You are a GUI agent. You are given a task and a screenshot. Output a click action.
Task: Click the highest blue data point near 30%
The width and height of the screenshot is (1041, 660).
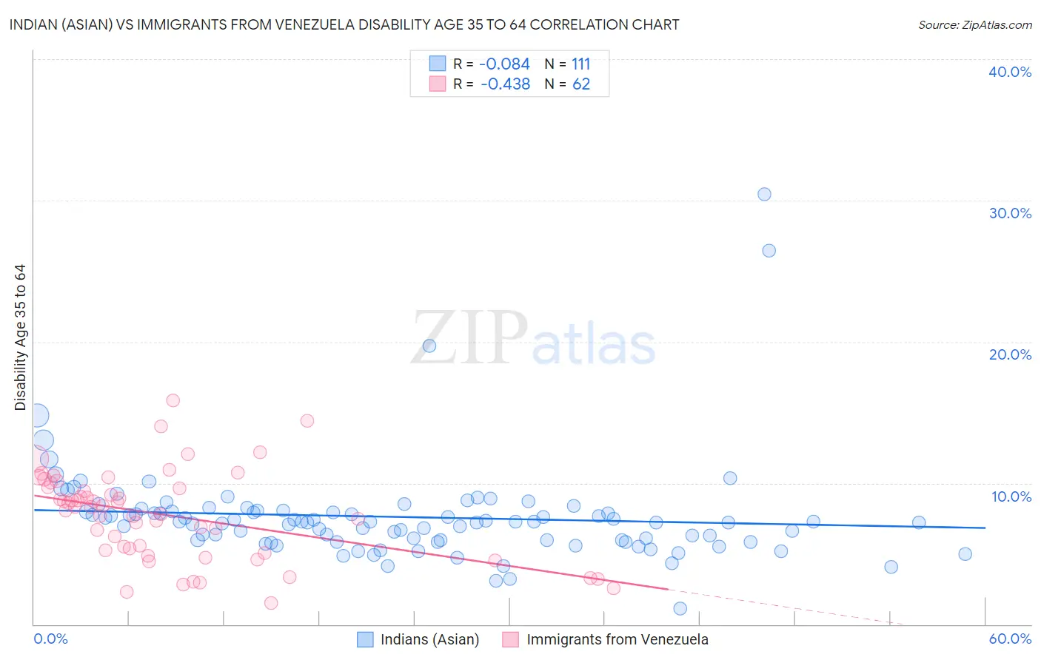764,194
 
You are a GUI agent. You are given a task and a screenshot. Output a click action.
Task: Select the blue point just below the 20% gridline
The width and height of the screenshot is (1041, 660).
429,346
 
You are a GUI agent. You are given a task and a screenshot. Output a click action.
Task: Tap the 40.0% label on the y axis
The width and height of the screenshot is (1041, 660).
1010,72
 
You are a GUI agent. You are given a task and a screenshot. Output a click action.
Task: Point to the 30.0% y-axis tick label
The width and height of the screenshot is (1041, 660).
1010,213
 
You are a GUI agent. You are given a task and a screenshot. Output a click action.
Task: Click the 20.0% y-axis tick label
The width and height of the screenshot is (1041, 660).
1010,354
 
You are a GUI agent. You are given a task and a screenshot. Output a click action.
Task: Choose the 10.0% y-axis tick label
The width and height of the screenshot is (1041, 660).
1011,496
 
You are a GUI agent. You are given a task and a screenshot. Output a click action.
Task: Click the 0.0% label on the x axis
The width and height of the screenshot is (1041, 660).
50,639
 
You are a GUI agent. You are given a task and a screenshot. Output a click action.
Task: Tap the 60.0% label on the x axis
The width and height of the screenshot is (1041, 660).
1010,639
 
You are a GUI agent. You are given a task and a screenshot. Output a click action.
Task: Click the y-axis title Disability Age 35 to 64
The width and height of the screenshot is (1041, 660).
20,337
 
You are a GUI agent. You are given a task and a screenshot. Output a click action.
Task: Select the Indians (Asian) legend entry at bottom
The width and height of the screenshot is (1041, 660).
429,639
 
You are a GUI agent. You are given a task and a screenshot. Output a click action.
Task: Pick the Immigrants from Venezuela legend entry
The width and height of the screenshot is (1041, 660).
617,639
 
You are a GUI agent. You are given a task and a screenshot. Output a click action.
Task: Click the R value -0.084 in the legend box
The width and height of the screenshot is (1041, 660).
504,64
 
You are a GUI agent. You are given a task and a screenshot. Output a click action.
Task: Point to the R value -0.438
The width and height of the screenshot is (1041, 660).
505,84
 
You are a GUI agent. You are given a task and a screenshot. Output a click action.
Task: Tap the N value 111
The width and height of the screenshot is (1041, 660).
580,64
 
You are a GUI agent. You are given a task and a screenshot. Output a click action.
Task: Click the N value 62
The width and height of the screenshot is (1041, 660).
580,84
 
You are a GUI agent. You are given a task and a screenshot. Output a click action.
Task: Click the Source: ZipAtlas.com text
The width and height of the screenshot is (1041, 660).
974,25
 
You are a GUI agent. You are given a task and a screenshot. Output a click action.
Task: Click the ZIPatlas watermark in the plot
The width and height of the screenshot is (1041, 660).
533,339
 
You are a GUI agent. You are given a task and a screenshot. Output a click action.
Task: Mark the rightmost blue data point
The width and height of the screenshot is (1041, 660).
965,554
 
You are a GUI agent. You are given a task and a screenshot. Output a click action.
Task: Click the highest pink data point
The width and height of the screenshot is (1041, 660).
173,400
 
